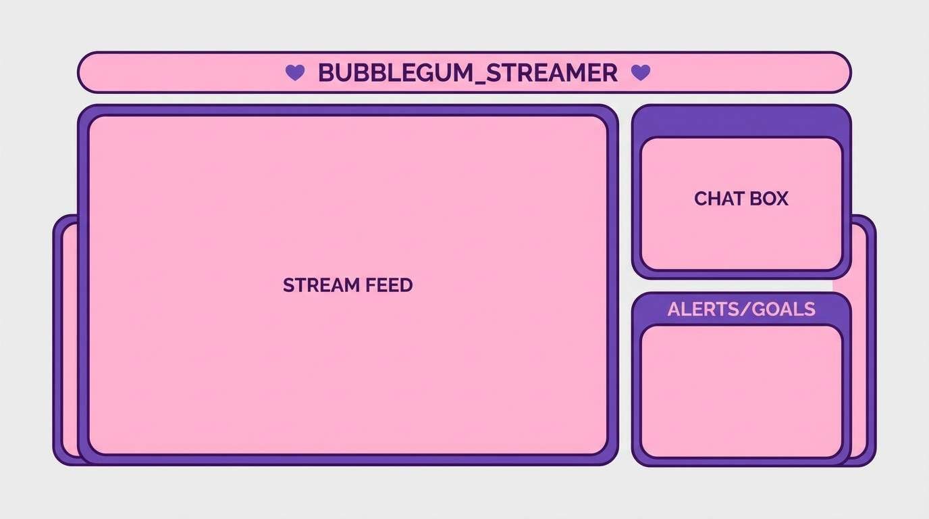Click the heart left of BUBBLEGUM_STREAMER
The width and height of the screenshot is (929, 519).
295,72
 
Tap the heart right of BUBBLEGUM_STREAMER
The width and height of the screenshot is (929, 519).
640,72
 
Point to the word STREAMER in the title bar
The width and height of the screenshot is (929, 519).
552,72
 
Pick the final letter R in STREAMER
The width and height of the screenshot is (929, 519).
610,72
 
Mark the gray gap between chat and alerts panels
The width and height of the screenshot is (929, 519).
741,285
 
